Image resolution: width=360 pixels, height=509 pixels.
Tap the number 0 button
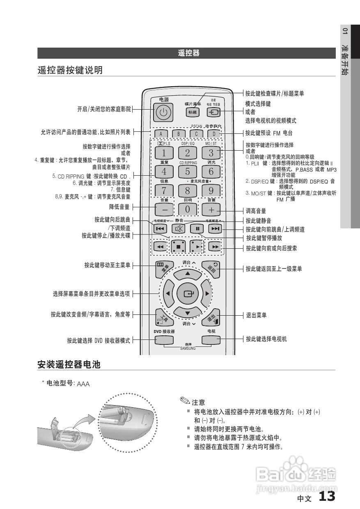(188, 209)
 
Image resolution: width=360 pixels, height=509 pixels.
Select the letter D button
(213, 133)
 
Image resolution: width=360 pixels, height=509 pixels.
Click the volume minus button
(164, 209)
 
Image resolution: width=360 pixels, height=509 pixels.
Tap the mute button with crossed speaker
(179, 229)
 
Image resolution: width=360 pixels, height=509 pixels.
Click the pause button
(197, 229)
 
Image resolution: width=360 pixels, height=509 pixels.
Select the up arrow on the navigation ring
(188, 273)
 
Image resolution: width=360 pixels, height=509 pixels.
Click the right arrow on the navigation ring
(208, 294)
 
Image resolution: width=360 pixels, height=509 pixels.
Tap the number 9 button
(211, 190)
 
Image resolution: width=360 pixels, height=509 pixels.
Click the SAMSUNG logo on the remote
(188, 349)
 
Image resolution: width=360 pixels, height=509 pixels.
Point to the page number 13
(327, 497)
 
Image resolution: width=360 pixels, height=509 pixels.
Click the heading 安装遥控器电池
(69, 364)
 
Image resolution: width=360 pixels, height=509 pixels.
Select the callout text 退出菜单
(256, 315)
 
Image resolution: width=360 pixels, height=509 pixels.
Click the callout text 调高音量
(256, 211)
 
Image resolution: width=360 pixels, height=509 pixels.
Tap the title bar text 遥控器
(189, 53)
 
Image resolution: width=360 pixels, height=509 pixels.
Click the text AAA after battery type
(83, 384)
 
